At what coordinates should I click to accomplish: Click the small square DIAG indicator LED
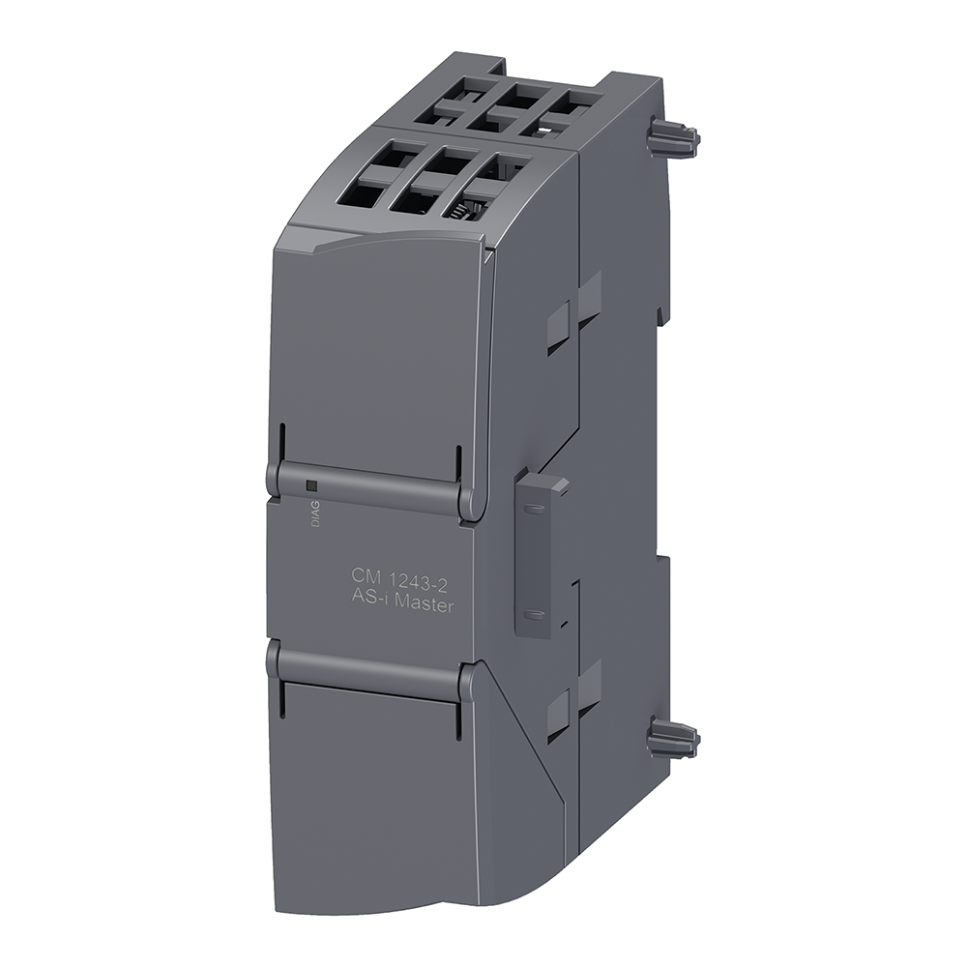tap(311, 486)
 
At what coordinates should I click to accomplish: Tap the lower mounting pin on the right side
tap(673, 740)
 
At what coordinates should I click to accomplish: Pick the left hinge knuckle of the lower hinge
tap(274, 658)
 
